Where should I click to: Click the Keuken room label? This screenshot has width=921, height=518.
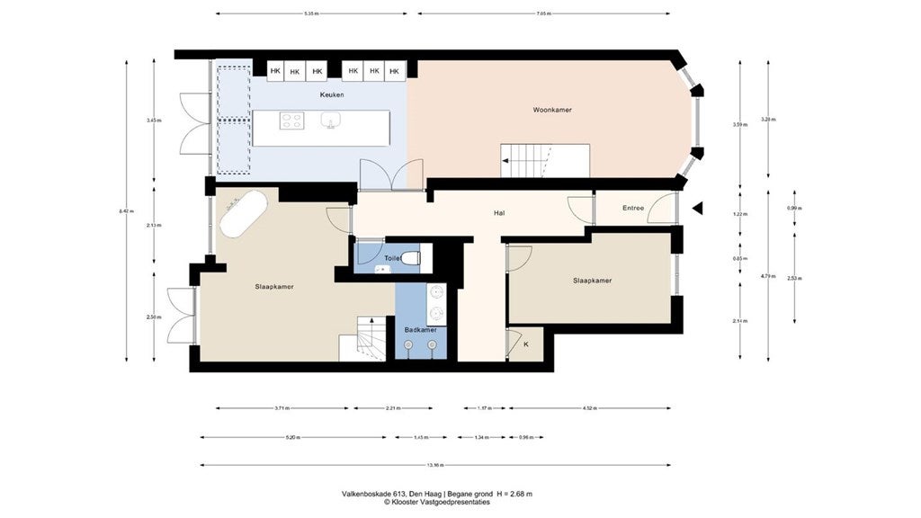pos(331,94)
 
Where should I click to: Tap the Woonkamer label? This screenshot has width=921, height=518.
pos(551,110)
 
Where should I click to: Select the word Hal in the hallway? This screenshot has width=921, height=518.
pos(498,213)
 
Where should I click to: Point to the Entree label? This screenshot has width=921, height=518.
pos(633,209)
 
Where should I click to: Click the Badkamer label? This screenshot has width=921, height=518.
pos(420,330)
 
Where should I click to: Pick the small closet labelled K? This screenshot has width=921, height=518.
pos(526,344)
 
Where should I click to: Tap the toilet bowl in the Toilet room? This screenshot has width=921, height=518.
pos(410,259)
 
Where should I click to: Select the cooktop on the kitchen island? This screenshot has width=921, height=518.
pos(291,121)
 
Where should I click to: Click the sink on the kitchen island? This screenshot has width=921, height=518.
pos(330,121)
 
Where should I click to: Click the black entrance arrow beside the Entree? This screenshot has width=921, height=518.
pos(696,209)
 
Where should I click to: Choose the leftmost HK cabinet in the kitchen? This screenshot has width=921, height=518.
pos(274,71)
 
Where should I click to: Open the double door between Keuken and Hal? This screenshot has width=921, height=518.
pos(390,174)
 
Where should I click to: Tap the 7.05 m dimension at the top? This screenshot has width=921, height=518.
pos(543,14)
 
